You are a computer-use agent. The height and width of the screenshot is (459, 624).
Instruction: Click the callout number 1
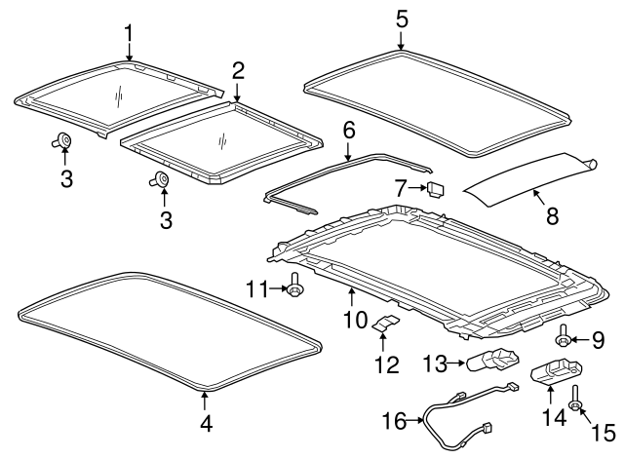pyautogui.click(x=129, y=34)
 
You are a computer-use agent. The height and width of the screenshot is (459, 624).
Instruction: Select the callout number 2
pyautogui.click(x=237, y=69)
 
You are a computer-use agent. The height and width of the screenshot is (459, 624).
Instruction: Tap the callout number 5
pyautogui.click(x=402, y=18)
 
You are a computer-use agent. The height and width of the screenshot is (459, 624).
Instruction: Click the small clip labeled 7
pyautogui.click(x=436, y=186)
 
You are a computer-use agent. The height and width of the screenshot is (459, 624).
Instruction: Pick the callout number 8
pyautogui.click(x=552, y=216)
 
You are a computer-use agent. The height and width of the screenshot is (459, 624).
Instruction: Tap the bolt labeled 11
pyautogui.click(x=295, y=287)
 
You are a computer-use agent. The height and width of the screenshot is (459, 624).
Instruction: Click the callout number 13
pyautogui.click(x=434, y=363)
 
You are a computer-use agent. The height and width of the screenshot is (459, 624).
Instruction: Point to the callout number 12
pyautogui.click(x=386, y=365)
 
